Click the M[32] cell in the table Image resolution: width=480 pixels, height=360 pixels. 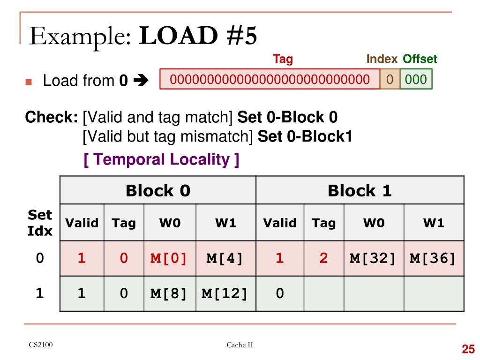373,258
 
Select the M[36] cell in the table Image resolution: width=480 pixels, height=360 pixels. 433,258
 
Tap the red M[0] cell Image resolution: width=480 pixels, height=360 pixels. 169,258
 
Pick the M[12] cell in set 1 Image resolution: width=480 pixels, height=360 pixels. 225,293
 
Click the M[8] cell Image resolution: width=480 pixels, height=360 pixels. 169,293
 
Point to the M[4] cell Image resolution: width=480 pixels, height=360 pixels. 225,258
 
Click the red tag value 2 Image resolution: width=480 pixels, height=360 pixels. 323,258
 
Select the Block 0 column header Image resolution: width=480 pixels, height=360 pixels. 158,191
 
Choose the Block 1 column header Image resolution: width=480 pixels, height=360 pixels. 360,191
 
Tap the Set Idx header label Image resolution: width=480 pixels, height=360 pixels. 40,223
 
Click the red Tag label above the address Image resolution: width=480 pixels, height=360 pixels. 283,59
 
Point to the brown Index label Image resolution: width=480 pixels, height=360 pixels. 382,59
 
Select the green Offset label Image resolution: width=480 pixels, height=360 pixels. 420,59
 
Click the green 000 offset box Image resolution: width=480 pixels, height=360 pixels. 416,79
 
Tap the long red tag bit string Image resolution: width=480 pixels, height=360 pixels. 270,79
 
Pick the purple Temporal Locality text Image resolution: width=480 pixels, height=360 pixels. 161,160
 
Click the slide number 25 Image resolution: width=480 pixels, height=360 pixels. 468,349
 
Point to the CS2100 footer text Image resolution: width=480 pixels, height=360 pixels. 40,345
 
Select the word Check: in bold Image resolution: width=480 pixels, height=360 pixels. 52,117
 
